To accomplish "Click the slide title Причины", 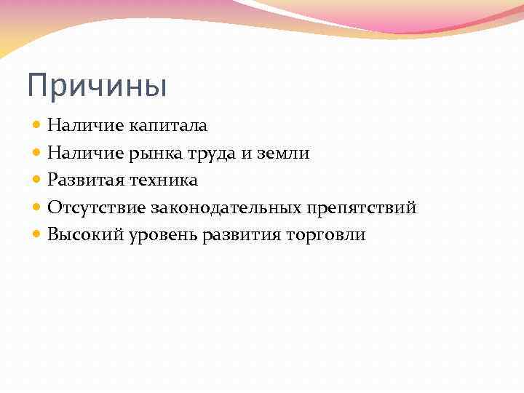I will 97,86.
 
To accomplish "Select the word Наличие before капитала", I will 86,126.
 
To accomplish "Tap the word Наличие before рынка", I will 86,153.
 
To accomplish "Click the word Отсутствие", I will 97,208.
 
